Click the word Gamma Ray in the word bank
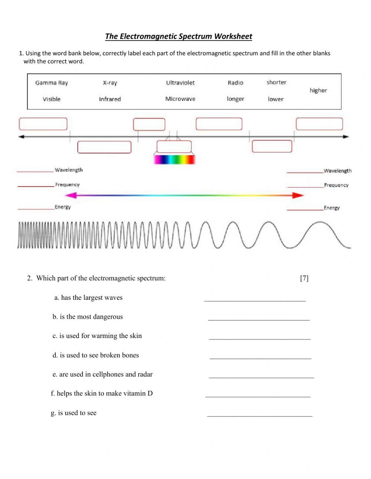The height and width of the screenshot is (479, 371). point(52,83)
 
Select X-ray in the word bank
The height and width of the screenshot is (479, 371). point(110,83)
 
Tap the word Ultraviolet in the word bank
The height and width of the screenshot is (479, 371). point(180,83)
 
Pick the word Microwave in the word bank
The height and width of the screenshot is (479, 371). point(180,99)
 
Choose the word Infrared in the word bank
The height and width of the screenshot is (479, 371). point(110,99)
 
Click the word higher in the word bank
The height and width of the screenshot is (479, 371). point(318,90)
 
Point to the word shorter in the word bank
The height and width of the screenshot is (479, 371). point(276,82)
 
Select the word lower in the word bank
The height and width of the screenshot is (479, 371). point(276,99)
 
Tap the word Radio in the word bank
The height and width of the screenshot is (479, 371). point(236,83)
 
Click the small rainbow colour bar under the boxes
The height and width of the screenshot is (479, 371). point(174,160)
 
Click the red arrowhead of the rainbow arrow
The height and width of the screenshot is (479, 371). point(298,195)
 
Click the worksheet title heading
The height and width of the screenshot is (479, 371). point(178,36)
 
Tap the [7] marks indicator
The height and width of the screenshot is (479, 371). point(304,278)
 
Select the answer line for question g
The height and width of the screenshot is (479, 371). point(260,415)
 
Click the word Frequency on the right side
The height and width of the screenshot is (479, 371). point(336,185)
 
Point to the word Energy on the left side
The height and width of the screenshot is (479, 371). point(63,207)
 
